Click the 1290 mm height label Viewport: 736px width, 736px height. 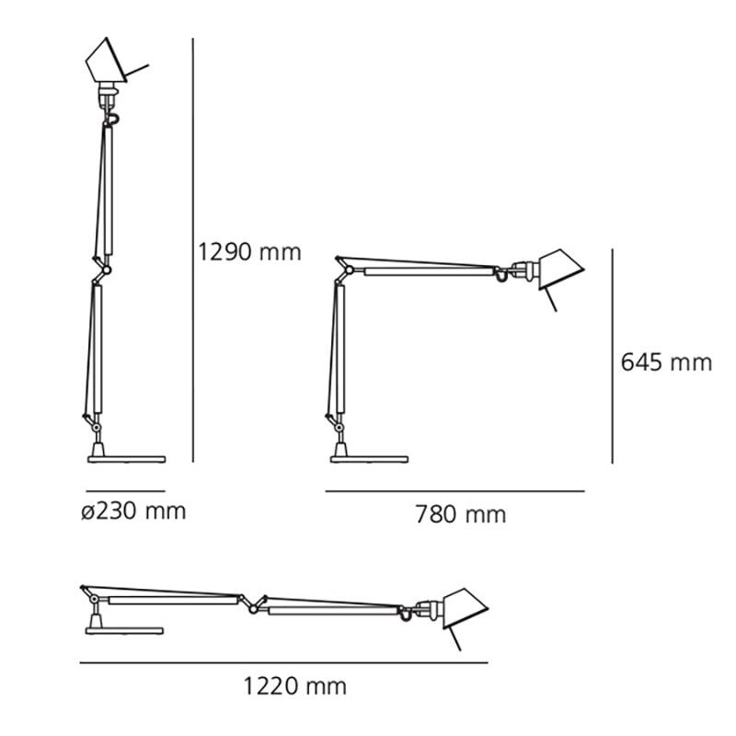coord(250,252)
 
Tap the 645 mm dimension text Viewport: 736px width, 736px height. coord(666,362)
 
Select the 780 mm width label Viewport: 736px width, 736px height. coord(461,515)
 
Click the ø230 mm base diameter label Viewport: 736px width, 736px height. coord(132,511)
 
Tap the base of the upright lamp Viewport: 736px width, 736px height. coord(124,457)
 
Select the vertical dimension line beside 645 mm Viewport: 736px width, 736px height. coord(612,356)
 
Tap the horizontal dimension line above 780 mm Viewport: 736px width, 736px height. coord(455,492)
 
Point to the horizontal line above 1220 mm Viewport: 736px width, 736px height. coord(283,662)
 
